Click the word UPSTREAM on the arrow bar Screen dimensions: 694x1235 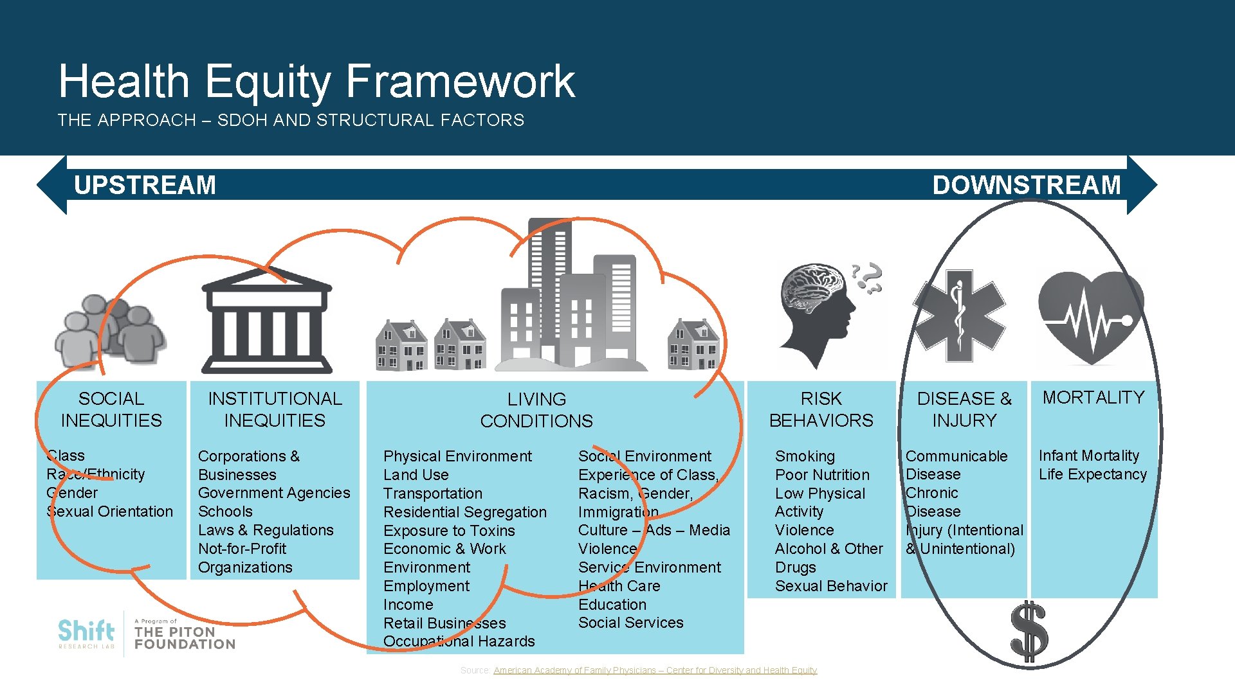[145, 185]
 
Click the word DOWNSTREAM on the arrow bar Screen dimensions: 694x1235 [1026, 185]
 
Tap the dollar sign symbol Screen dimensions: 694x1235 [1028, 632]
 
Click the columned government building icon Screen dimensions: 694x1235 [266, 321]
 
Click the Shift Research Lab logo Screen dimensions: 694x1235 [86, 634]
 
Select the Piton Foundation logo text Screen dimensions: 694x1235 [184, 637]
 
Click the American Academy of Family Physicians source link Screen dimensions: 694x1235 [655, 670]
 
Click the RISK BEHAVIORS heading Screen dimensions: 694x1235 [821, 409]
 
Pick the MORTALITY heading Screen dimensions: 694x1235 [1093, 398]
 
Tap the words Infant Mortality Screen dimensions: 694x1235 [1088, 456]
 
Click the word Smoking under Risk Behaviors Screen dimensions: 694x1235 [805, 456]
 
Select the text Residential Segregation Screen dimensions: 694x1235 [464, 512]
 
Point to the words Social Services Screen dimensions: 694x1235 [630, 623]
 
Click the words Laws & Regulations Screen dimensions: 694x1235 [266, 530]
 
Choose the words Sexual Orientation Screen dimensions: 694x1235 [110, 512]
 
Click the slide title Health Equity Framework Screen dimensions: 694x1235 [316, 82]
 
